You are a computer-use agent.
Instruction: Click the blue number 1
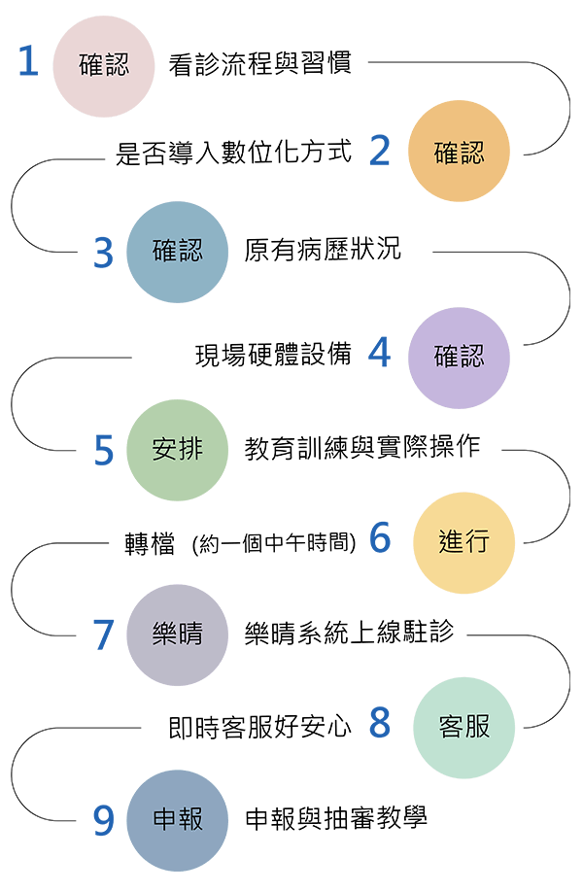point(28,62)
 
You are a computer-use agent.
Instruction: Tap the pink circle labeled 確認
point(104,66)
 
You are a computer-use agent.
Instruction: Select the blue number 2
point(380,151)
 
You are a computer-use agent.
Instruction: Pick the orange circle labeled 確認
point(459,152)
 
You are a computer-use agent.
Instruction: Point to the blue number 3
point(104,253)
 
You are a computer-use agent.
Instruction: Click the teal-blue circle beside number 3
point(178,252)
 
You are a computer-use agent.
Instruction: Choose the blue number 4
point(380,353)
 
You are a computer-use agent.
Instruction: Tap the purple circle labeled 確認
point(459,358)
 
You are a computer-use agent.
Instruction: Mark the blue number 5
point(104,451)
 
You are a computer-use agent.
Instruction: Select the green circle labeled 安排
point(178,451)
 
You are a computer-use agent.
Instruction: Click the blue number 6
point(380,537)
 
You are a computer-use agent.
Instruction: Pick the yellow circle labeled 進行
point(464,542)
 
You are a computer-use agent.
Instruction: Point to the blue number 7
point(104,635)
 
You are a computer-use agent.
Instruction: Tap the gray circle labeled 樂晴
point(178,635)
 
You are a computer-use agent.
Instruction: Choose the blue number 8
point(380,723)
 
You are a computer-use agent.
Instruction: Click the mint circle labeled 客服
point(464,728)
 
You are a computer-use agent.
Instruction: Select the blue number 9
point(104,821)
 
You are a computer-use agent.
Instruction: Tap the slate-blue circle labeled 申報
point(178,821)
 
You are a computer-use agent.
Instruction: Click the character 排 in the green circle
point(190,451)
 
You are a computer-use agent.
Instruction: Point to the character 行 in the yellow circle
point(477,542)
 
